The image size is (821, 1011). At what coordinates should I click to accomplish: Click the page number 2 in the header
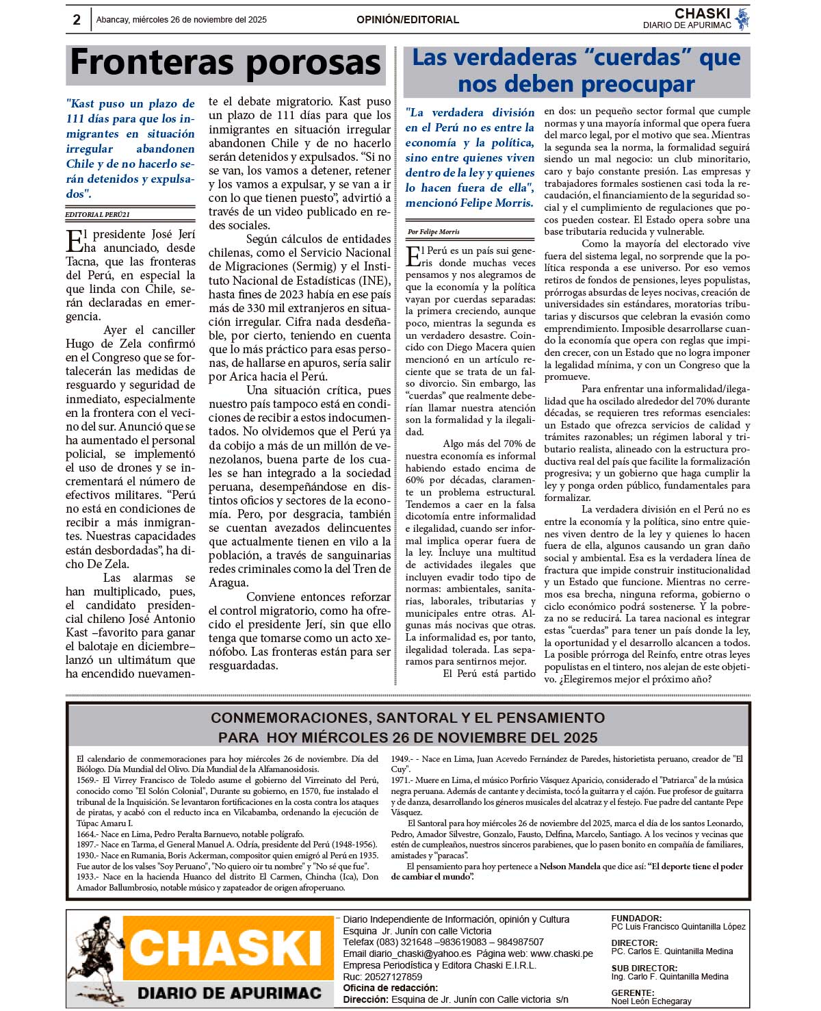[77, 20]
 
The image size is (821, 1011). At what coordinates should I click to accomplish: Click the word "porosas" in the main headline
[313, 63]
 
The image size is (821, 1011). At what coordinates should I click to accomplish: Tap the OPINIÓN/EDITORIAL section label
[408, 20]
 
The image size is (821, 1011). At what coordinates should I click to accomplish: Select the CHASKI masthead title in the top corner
[702, 14]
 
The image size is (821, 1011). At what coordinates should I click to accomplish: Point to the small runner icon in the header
[742, 19]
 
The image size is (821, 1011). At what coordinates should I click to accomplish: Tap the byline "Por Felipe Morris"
[434, 232]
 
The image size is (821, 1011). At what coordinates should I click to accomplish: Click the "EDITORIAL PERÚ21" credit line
[97, 214]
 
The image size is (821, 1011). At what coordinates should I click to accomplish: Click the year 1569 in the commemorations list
[86, 780]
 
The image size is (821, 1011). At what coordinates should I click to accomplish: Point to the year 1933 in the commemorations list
[86, 877]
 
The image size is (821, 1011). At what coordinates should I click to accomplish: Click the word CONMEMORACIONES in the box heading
[288, 718]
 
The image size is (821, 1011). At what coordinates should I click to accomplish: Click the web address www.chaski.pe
[562, 954]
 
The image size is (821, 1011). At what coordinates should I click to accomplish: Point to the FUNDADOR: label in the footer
[636, 919]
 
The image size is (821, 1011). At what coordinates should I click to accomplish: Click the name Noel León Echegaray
[651, 1001]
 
